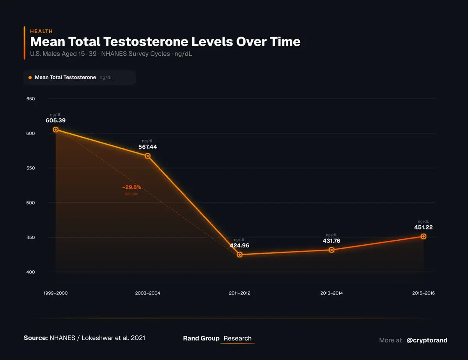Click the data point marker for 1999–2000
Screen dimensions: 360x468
pyautogui.click(x=56, y=129)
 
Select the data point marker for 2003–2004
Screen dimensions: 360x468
pyautogui.click(x=148, y=156)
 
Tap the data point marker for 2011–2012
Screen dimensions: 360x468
pyautogui.click(x=239, y=254)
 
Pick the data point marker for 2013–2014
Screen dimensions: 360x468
pyautogui.click(x=331, y=250)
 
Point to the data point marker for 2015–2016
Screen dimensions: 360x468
pyautogui.click(x=424, y=236)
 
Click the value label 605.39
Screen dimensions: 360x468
pyautogui.click(x=55, y=120)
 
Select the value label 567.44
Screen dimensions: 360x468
pyautogui.click(x=147, y=147)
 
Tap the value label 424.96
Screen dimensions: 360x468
pyautogui.click(x=239, y=245)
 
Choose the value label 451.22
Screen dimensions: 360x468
pyautogui.click(x=423, y=228)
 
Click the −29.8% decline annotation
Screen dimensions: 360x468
pyautogui.click(x=131, y=187)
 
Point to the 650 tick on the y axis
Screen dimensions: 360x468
pyautogui.click(x=30, y=99)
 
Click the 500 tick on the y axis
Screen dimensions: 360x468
pyautogui.click(x=30, y=203)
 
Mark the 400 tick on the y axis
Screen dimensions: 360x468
pyautogui.click(x=30, y=272)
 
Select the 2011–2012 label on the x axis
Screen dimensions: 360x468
pyautogui.click(x=239, y=293)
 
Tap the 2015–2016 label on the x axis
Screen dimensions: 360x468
pyautogui.click(x=423, y=293)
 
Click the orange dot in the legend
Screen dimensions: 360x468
pyautogui.click(x=30, y=78)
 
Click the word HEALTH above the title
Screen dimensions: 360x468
pyautogui.click(x=41, y=31)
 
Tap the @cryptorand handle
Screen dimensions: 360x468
pyautogui.click(x=427, y=340)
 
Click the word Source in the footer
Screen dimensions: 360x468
pyautogui.click(x=35, y=338)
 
